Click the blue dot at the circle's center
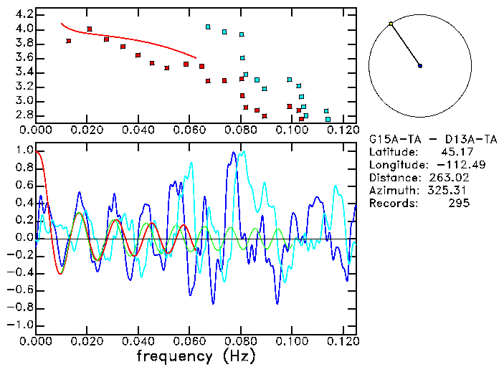coord(420,66)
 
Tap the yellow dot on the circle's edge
coord(391,24)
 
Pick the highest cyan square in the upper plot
coord(208,27)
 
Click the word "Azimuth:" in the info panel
coord(391,191)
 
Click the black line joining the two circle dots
coord(406,45)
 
